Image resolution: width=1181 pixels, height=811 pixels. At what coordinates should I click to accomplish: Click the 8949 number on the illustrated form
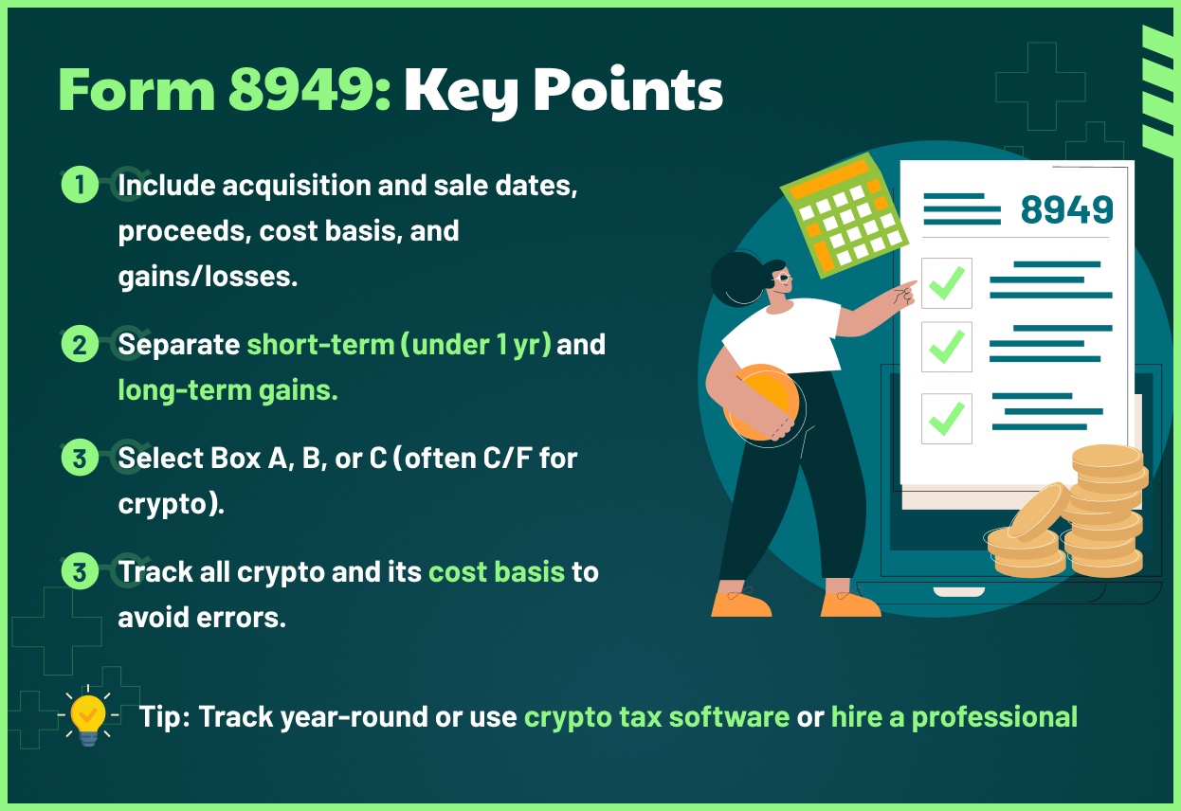1066,209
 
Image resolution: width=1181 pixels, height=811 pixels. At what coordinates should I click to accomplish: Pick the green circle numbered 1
80,185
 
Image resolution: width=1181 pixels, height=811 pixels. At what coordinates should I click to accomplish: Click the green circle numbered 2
80,344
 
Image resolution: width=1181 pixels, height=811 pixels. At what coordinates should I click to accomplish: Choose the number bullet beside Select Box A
80,459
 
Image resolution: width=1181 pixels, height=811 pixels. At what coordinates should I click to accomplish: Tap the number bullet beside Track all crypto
80,572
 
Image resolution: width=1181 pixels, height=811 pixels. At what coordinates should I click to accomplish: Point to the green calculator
841,213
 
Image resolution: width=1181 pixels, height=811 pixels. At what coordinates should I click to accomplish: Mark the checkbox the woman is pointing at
946,283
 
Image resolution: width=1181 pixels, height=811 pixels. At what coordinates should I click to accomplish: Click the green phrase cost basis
496,572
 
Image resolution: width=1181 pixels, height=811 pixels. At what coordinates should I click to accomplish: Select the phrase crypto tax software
657,716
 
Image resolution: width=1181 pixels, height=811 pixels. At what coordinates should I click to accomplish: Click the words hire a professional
954,716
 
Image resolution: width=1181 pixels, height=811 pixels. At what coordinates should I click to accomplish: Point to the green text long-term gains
227,389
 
